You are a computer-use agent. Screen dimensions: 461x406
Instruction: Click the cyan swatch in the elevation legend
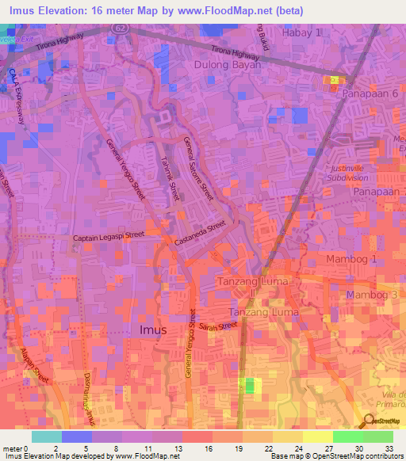47,436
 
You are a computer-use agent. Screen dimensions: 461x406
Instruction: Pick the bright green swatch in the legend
347,436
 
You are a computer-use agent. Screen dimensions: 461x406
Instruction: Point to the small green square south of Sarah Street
250,386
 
